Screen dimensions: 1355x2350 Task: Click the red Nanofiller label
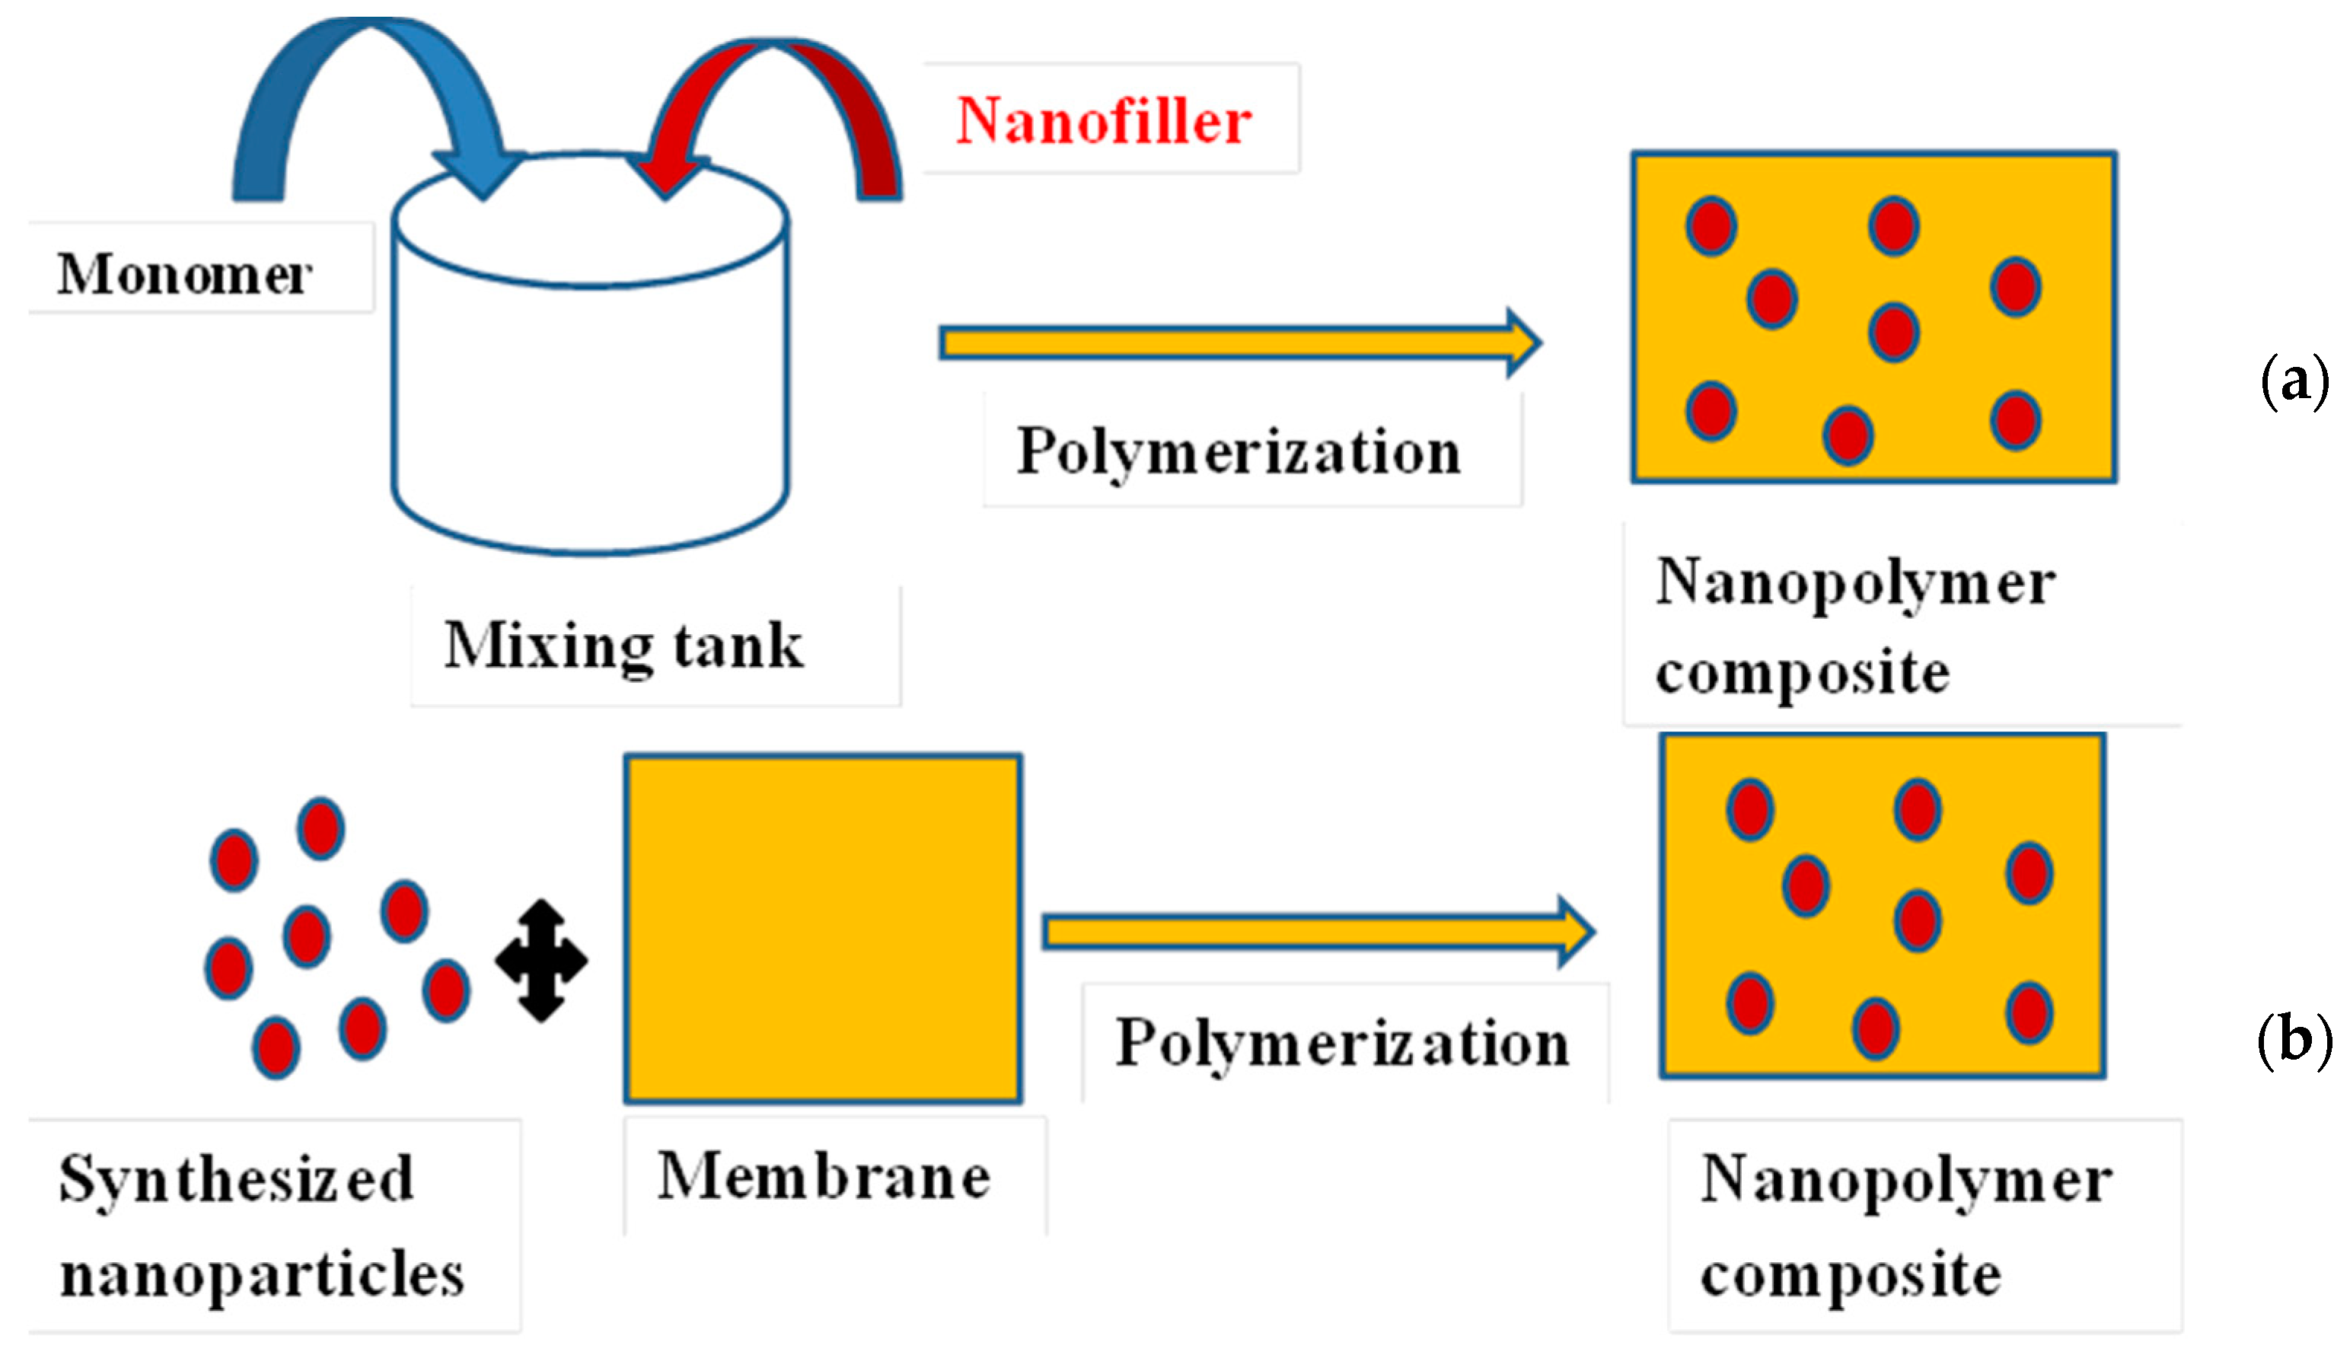[x=1104, y=121]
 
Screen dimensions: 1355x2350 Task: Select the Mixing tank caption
[x=623, y=645]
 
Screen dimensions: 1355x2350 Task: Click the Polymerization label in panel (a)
[x=1238, y=452]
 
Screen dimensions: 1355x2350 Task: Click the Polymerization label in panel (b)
[x=1342, y=1043]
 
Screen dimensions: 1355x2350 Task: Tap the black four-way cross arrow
[x=542, y=961]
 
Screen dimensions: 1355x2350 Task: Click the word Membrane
[x=824, y=1176]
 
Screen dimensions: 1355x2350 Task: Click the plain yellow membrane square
[x=823, y=928]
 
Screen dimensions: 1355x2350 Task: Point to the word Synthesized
[x=235, y=1179]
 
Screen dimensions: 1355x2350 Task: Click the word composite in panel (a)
[x=1802, y=672]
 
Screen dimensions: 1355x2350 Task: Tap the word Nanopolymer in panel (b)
[x=1906, y=1180]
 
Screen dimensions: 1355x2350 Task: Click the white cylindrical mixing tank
[x=590, y=391]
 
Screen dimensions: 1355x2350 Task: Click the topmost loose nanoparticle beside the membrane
[x=321, y=828]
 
